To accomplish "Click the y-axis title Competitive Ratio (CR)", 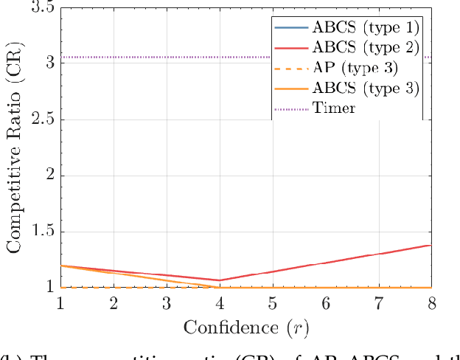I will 14,147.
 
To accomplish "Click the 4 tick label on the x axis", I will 220,303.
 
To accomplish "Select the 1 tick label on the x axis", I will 60,303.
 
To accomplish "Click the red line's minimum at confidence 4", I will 220,280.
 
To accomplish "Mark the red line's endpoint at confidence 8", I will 431,245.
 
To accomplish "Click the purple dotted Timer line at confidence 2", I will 114,58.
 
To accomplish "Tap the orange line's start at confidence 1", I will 60,266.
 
